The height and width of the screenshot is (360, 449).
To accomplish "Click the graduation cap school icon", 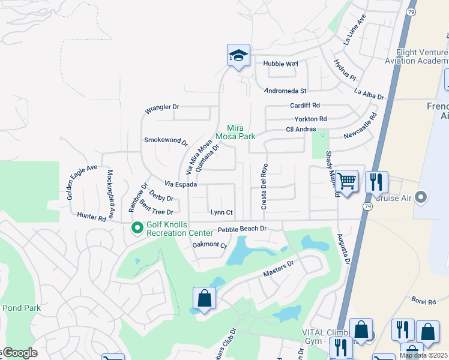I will pos(238,56).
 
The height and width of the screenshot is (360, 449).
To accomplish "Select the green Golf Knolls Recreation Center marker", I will pos(137,227).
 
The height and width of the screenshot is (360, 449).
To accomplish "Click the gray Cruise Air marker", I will pos(421,197).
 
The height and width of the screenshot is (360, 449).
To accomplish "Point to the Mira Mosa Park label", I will pos(240,132).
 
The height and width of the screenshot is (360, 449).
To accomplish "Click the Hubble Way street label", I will pos(280,63).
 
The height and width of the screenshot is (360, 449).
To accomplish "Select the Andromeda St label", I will pos(286,91).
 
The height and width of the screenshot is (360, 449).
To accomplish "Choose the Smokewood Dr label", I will pos(166,141).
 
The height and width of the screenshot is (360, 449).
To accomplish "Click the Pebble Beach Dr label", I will pos(241,229).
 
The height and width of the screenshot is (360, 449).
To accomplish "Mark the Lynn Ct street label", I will pos(221,212).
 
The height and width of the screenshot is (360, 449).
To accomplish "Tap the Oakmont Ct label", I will pos(209,245).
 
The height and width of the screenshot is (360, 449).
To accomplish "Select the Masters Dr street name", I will pos(278,268).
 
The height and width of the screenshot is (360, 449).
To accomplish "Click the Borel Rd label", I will pos(423,301).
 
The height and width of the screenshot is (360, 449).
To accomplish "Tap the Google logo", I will pos(19,353).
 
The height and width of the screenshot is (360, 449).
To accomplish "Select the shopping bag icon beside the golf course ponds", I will pos(204,298).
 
